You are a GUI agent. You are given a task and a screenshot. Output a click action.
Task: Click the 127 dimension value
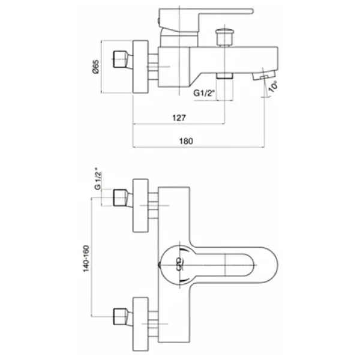[179, 118]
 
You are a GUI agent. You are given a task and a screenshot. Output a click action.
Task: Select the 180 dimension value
[186, 141]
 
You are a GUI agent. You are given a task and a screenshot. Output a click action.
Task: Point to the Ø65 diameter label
[96, 67]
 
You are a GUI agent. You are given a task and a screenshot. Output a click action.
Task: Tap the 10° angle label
[273, 86]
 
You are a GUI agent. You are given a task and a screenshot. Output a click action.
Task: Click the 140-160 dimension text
[86, 259]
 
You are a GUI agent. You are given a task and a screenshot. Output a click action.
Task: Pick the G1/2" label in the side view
[204, 93]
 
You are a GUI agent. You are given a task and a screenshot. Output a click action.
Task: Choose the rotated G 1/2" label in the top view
[98, 181]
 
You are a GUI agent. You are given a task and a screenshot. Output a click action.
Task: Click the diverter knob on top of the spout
[224, 37]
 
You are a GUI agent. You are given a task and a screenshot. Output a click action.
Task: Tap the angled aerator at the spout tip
[264, 76]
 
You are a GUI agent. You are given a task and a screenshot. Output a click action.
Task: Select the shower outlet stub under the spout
[224, 76]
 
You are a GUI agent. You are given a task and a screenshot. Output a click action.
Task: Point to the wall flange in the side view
[140, 67]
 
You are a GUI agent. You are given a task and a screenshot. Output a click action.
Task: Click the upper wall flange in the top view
[140, 205]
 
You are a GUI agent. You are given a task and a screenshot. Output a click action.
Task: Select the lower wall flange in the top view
[140, 324]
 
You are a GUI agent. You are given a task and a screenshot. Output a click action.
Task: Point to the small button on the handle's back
[158, 21]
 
